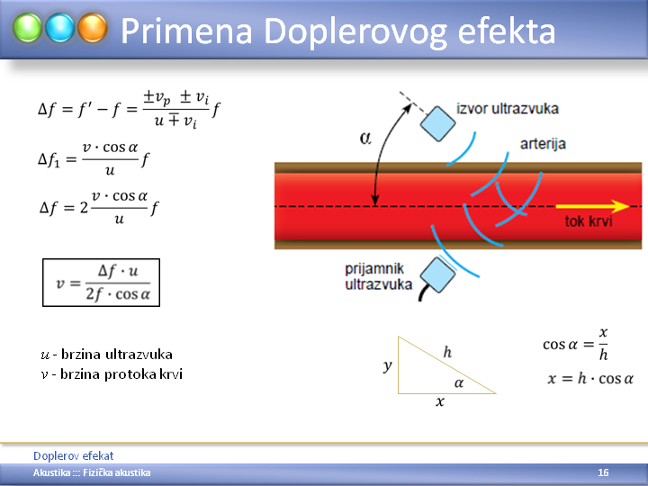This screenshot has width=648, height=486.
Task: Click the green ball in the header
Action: coord(27,28)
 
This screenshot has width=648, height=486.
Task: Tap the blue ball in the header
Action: coord(60,28)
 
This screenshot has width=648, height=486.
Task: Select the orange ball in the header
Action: coord(93,28)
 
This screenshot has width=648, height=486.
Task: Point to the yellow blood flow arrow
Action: coord(592,206)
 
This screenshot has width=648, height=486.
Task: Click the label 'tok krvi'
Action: coord(589,221)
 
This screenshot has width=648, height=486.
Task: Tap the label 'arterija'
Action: coord(543,144)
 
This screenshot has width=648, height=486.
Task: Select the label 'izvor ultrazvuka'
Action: coord(508,109)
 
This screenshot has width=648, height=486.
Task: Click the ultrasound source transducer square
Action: coord(437,123)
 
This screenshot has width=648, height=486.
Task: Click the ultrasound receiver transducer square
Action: coord(437,274)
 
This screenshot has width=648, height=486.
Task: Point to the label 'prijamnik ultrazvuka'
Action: coord(379,276)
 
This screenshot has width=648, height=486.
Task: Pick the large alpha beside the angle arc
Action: coord(365,138)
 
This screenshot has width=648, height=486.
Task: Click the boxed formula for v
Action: coord(101,283)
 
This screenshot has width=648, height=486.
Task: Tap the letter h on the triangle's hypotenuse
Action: coord(447,352)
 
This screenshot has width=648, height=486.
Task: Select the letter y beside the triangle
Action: coord(387,365)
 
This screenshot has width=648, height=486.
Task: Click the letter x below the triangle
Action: coord(440,401)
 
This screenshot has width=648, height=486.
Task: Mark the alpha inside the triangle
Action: coord(459,383)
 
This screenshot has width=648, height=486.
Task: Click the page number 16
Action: coord(603,472)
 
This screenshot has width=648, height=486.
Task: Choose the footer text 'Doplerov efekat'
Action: coord(73,455)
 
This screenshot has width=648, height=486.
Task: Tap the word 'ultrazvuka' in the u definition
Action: coord(139,355)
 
